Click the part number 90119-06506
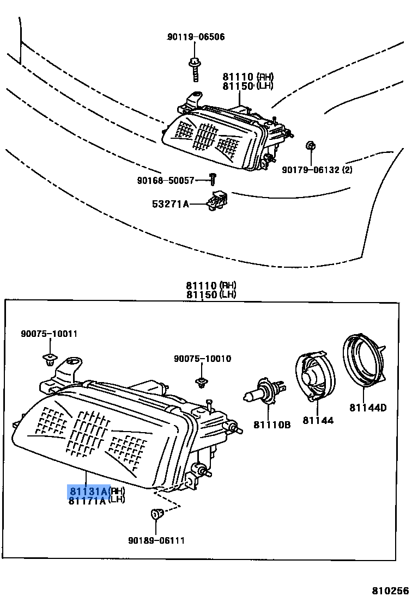click(196, 37)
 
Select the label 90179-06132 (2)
click(317, 170)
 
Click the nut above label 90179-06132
click(310, 146)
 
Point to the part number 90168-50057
click(166, 180)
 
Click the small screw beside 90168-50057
click(214, 178)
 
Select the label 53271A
click(170, 204)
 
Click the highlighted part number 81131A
click(88, 491)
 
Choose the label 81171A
click(87, 501)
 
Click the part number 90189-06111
click(156, 540)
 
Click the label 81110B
click(272, 424)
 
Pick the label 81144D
click(368, 408)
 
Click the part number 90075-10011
click(49, 334)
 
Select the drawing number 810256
click(390, 591)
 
